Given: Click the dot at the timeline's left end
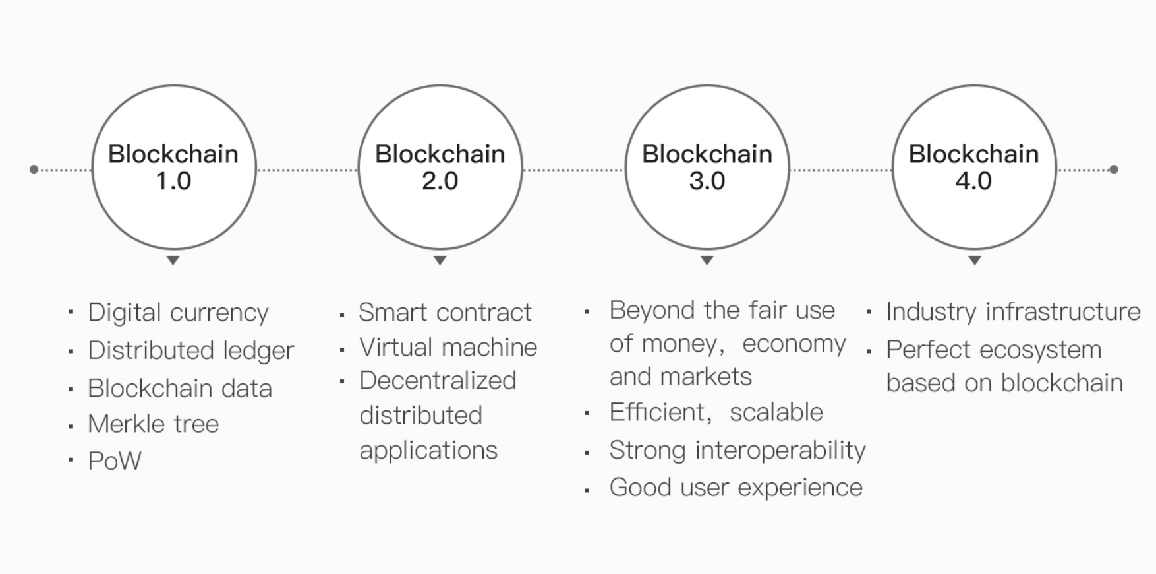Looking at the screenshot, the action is click(x=34, y=170).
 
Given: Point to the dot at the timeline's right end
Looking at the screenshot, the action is click(x=1114, y=170).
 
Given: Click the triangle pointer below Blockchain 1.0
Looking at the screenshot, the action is click(x=173, y=261).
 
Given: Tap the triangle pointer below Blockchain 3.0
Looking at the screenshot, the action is click(x=707, y=261).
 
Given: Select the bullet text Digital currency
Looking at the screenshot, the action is click(x=178, y=313).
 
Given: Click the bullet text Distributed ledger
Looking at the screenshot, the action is click(x=191, y=350).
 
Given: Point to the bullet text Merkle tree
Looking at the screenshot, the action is click(x=153, y=424).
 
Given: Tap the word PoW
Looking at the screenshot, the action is click(x=115, y=461).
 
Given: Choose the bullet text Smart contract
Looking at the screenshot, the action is click(x=445, y=312).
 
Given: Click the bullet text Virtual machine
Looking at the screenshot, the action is click(x=448, y=347).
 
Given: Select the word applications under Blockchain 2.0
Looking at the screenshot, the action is click(x=428, y=451).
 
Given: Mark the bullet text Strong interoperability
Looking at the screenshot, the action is click(x=737, y=451).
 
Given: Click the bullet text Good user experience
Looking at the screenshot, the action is click(x=736, y=488).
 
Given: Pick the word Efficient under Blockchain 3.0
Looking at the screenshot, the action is click(x=657, y=412).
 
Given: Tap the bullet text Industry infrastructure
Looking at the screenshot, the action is click(x=1013, y=311).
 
